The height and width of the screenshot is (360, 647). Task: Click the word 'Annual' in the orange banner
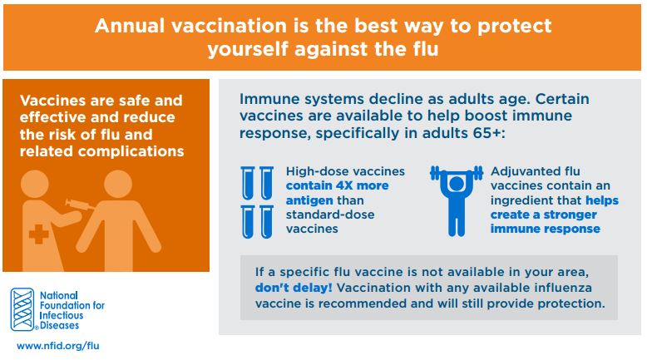130,26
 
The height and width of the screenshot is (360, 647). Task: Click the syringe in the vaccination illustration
80,205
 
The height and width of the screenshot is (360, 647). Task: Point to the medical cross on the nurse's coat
39,234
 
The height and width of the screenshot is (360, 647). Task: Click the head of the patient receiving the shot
118,184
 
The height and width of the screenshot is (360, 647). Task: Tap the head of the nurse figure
35,184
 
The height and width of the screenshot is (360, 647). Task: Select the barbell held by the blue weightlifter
456,173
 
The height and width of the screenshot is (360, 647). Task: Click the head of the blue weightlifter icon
456,184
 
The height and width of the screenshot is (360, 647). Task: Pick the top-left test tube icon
248,183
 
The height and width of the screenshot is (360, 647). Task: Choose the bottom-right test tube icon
267,222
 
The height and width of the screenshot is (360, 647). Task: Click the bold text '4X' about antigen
344,185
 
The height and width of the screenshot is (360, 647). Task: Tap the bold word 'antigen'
309,201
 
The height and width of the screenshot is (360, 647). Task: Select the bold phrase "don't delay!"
294,288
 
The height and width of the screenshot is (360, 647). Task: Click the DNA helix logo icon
22,309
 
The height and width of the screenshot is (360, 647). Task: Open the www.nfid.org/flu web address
57,346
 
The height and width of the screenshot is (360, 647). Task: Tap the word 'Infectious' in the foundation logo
62,315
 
